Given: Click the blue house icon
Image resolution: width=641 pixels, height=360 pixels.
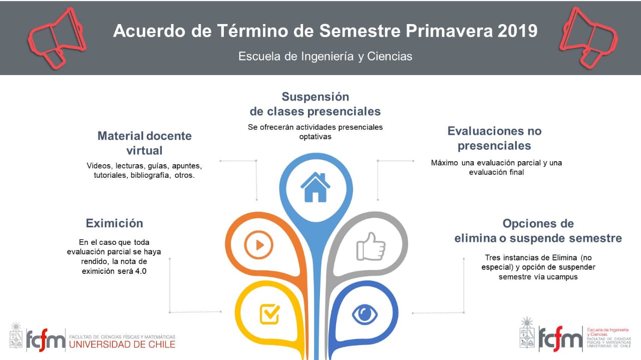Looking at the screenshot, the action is pyautogui.click(x=315, y=187).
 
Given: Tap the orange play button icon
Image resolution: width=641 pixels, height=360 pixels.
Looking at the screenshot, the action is pyautogui.click(x=259, y=245).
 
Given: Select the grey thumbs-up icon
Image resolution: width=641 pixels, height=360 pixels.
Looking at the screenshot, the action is pyautogui.click(x=371, y=246).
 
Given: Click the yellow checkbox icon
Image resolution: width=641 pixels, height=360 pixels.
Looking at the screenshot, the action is pyautogui.click(x=269, y=314).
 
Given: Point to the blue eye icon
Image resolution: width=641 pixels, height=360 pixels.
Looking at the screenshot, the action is pyautogui.click(x=365, y=314).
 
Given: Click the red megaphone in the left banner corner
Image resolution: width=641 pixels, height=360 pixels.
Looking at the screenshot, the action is pyautogui.click(x=57, y=38).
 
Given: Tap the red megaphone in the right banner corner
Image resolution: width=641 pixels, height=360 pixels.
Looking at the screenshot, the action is pyautogui.click(x=588, y=38).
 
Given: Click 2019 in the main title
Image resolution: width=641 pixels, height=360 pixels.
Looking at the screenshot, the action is pyautogui.click(x=517, y=31).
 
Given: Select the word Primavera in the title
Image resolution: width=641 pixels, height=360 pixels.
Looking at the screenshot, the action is pyautogui.click(x=449, y=31).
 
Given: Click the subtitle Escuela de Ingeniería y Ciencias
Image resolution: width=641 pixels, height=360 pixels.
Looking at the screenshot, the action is pyautogui.click(x=326, y=57).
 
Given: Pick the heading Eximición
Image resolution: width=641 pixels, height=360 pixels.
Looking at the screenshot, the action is pyautogui.click(x=115, y=223).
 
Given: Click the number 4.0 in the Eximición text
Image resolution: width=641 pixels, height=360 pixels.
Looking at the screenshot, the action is pyautogui.click(x=141, y=271).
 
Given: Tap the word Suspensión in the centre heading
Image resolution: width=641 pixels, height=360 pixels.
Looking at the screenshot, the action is pyautogui.click(x=315, y=97).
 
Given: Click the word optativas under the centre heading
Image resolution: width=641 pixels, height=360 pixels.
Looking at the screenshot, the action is pyautogui.click(x=315, y=137).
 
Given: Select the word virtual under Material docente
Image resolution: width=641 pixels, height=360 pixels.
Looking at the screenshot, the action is pyautogui.click(x=145, y=151).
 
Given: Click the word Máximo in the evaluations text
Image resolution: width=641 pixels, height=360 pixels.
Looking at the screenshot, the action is pyautogui.click(x=444, y=163).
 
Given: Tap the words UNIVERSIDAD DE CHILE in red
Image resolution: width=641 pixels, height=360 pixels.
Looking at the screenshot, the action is pyautogui.click(x=122, y=344).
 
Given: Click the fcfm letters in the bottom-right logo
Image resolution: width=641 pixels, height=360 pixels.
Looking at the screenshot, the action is pyautogui.click(x=560, y=339).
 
